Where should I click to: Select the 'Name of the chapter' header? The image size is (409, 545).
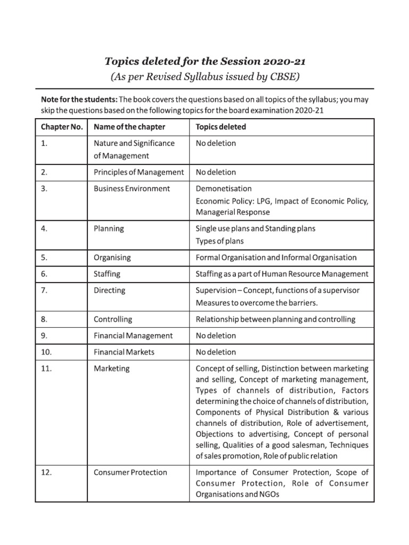(x=129, y=127)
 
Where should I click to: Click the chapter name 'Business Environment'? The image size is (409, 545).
(x=132, y=188)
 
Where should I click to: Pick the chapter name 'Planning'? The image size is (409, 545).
(x=109, y=228)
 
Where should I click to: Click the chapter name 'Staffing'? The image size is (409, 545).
(x=107, y=274)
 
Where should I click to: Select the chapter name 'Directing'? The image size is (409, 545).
(x=109, y=291)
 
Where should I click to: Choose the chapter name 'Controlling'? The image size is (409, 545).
(x=113, y=319)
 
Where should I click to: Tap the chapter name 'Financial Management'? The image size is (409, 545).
(x=133, y=336)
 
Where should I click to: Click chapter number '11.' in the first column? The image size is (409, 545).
(x=46, y=368)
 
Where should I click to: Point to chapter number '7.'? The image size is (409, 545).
(x=44, y=291)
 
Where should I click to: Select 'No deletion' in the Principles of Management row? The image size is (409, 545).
(x=216, y=172)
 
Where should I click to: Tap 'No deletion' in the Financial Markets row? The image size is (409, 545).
(x=216, y=352)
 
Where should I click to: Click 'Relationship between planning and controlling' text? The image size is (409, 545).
(x=276, y=319)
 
